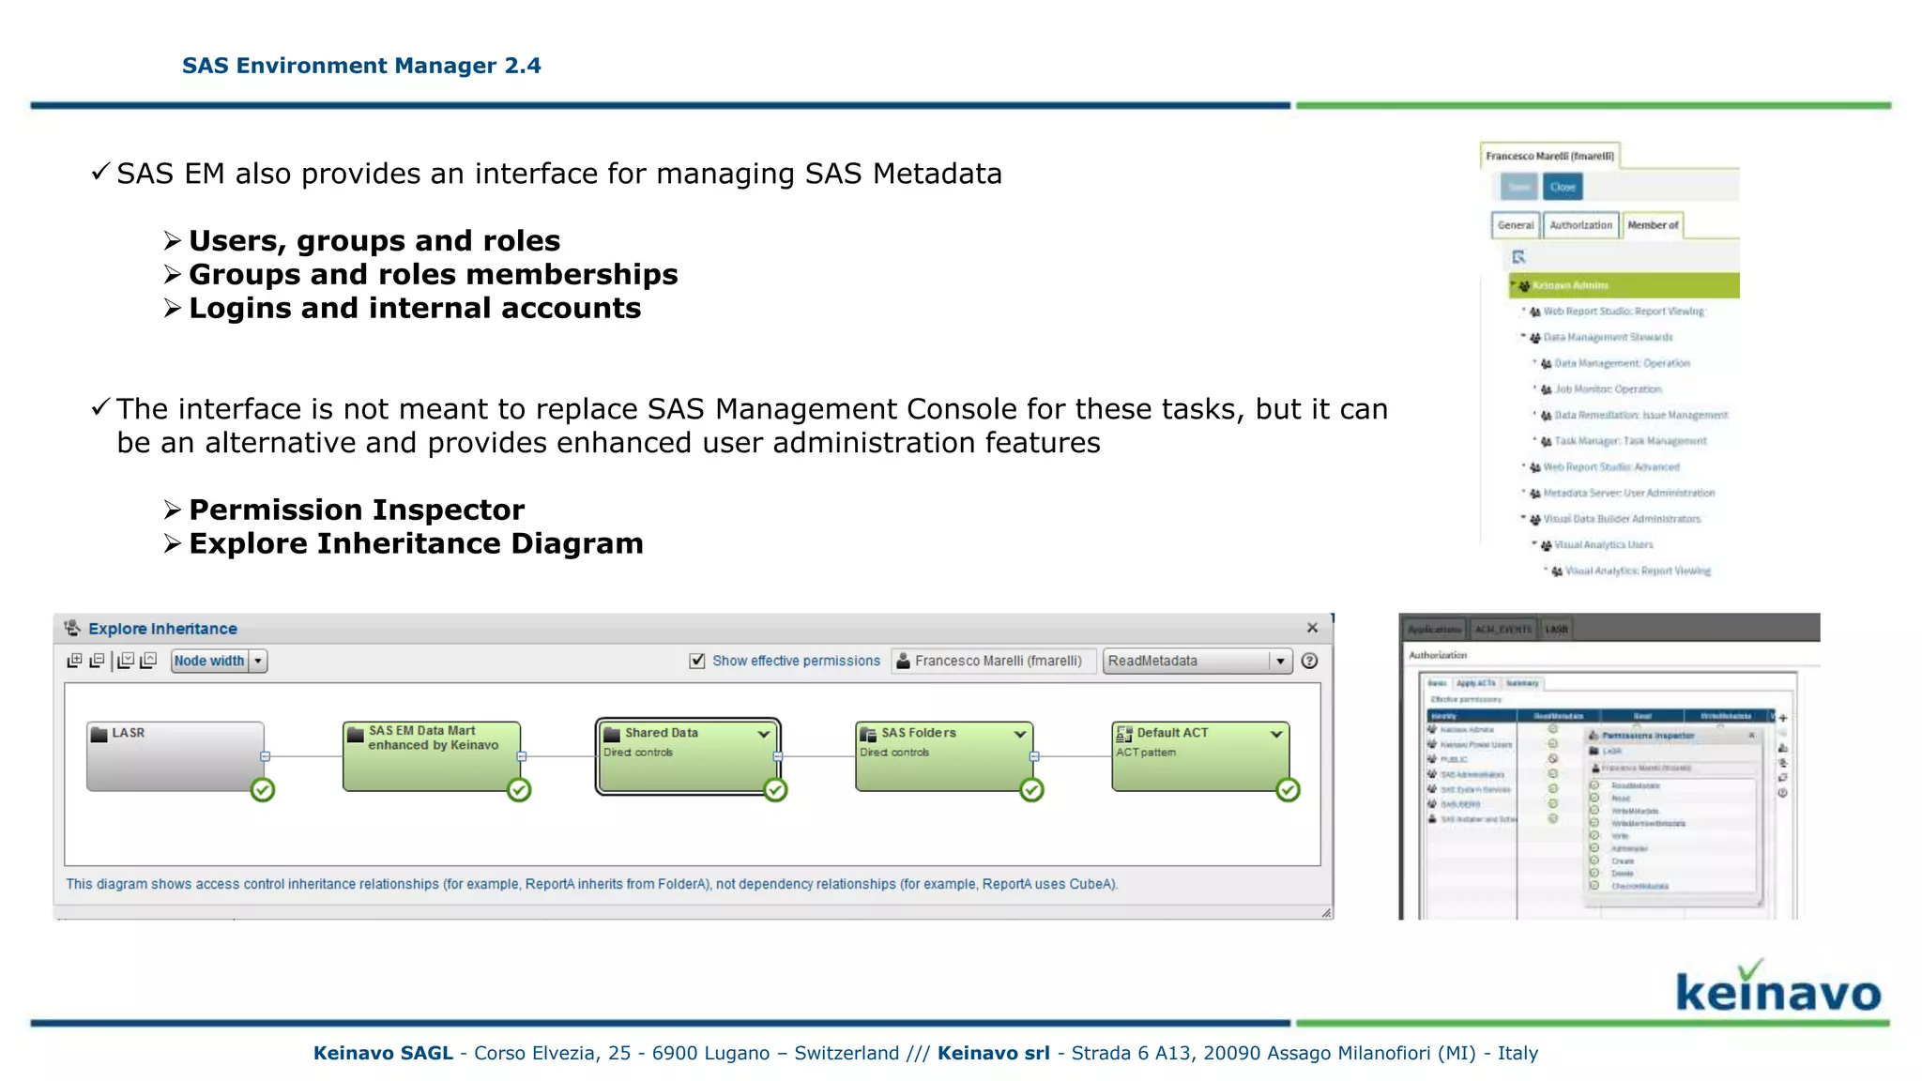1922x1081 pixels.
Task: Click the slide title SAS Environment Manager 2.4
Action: pos(361,66)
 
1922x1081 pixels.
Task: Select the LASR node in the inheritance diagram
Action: pos(175,756)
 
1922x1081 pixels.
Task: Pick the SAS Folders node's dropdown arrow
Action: pos(1020,734)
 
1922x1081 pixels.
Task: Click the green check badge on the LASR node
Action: pos(263,790)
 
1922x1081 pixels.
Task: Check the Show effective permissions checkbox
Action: pos(697,661)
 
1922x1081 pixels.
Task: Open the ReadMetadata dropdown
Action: pos(1279,661)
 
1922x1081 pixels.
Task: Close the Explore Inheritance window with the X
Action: pos(1312,628)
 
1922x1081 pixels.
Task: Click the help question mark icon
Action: pos(1310,661)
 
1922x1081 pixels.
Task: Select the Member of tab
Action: pos(1653,225)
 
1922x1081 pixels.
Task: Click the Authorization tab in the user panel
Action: pos(1580,225)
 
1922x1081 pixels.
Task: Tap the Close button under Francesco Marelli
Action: pos(1563,187)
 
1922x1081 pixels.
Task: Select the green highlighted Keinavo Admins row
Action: pos(1624,285)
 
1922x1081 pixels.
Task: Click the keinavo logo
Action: pos(1777,989)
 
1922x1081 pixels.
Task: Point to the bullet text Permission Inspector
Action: pos(357,510)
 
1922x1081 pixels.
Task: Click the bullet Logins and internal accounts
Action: pos(415,308)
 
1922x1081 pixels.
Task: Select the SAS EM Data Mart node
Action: pos(431,756)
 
